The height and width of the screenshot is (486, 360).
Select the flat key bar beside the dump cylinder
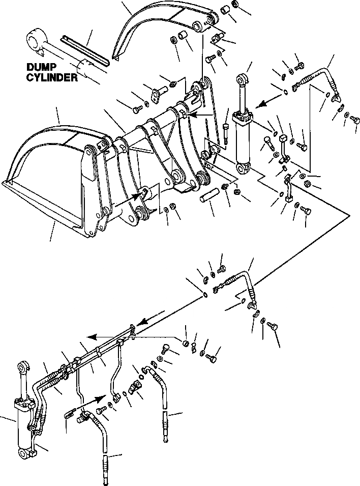(85, 49)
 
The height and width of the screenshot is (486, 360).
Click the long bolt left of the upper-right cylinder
(226, 133)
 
